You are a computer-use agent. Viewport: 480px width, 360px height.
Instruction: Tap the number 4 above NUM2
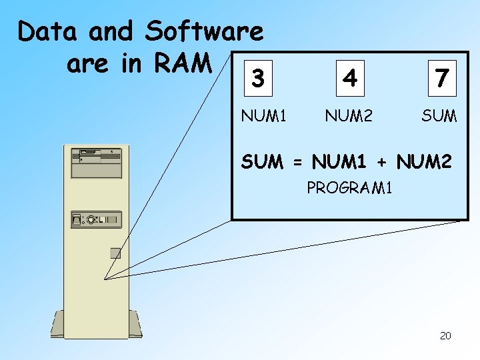pos(349,79)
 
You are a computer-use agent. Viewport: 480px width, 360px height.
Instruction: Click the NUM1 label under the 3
pos(264,116)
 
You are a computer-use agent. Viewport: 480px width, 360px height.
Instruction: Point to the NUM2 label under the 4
pos(348,116)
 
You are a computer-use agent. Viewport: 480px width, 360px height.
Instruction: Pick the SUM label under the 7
pos(439,116)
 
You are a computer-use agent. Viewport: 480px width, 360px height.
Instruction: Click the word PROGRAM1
pos(349,189)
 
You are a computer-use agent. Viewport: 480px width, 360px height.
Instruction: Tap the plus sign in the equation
pos(383,161)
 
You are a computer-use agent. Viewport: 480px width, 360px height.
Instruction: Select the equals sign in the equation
pos(297,161)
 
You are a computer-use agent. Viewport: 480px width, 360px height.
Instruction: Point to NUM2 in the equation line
pos(424,161)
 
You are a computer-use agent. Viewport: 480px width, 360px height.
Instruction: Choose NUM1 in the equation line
pos(341,161)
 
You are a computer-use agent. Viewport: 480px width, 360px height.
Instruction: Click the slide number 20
pos(445,335)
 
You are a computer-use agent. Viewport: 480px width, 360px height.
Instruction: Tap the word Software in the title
pos(204,31)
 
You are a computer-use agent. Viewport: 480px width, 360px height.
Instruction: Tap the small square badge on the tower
pos(115,253)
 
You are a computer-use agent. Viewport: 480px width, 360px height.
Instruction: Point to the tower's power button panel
pos(94,219)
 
